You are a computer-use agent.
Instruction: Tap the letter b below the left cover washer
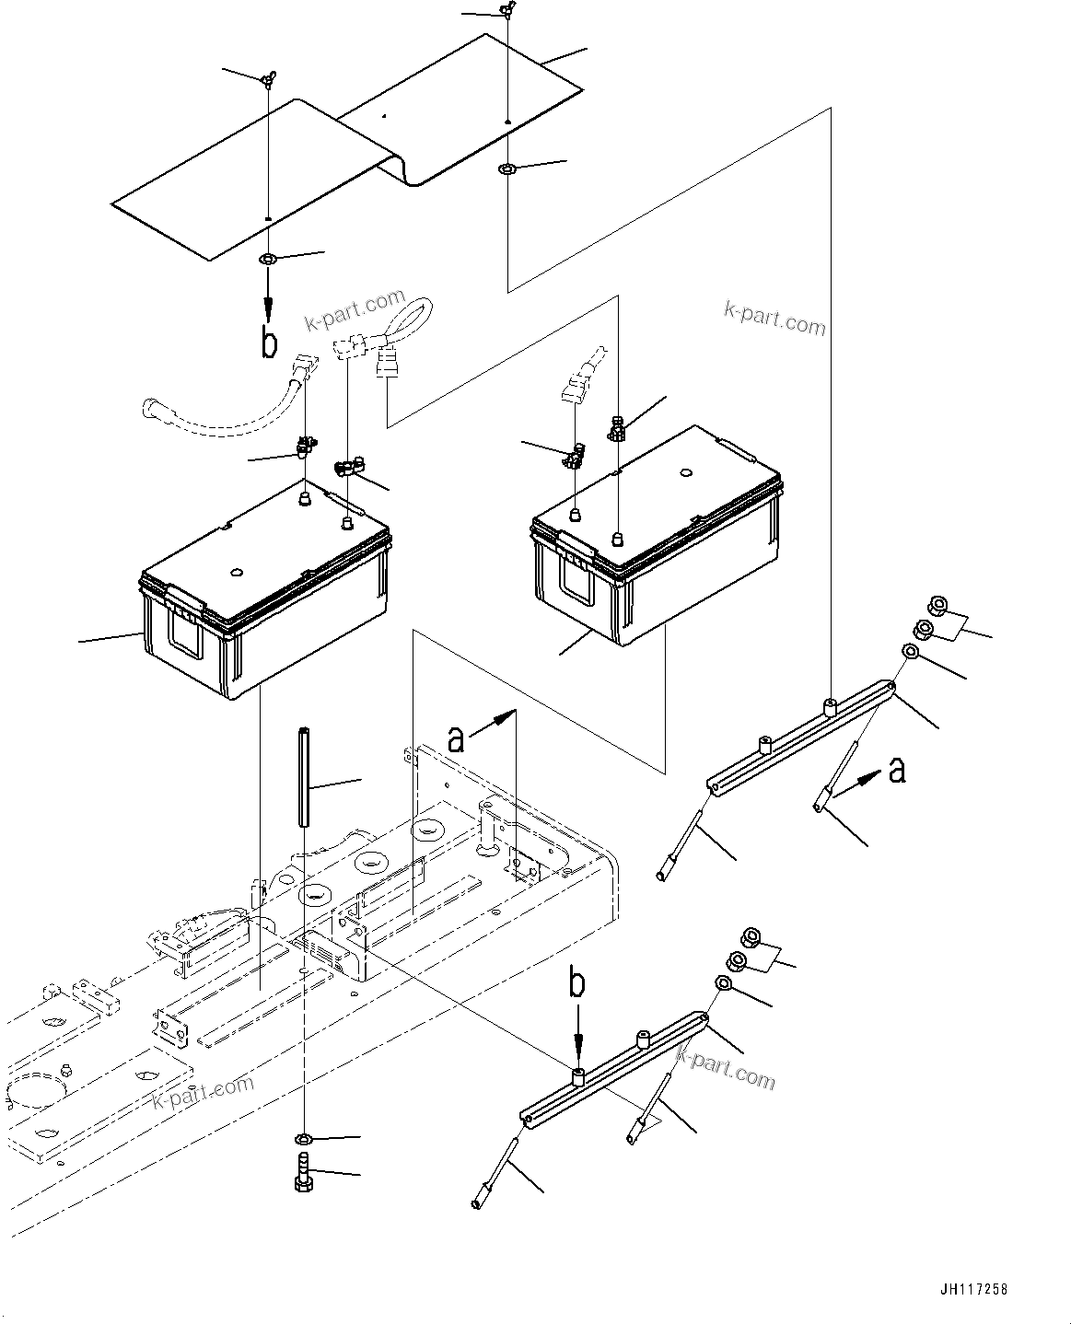(x=269, y=342)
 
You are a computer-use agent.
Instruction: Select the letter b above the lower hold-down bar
(x=576, y=984)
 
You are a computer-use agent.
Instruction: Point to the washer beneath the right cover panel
(x=507, y=169)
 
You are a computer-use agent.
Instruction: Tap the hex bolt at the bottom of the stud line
(x=304, y=1179)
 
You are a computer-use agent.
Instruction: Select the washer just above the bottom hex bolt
(x=304, y=1142)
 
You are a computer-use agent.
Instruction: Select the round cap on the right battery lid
(x=684, y=474)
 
